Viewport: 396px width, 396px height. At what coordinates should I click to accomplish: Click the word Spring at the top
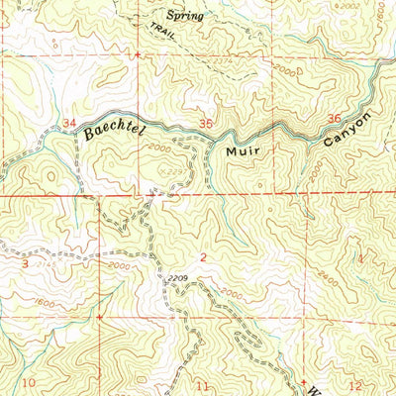point(184,16)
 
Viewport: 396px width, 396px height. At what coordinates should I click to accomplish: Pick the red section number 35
point(205,124)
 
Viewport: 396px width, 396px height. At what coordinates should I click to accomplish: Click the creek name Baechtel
point(113,128)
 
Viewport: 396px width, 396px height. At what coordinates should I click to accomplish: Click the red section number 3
point(24,264)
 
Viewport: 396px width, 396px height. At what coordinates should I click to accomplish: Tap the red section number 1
point(360,258)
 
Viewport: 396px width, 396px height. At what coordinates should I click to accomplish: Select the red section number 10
point(30,382)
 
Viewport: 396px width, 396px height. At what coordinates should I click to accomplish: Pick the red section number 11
point(203,384)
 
